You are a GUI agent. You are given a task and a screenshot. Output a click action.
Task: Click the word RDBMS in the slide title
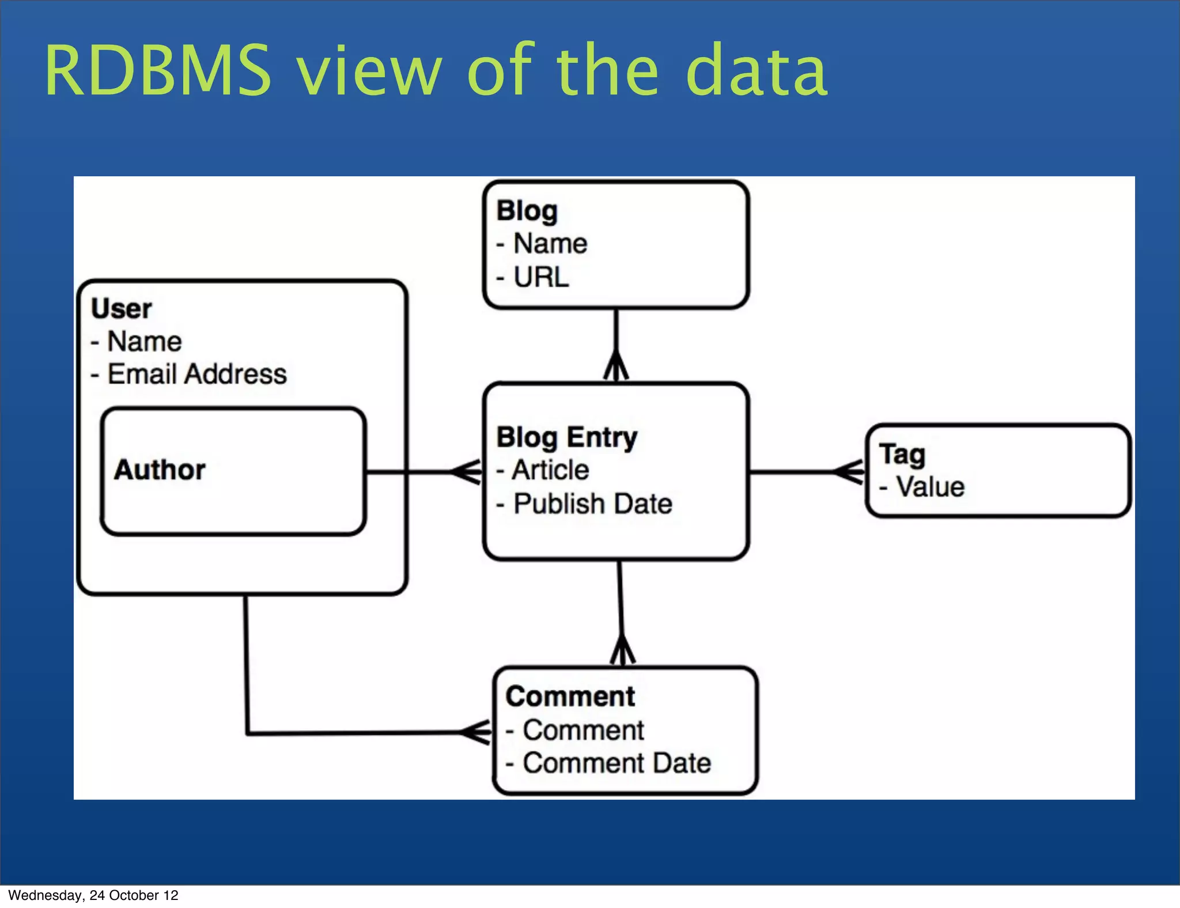tap(157, 71)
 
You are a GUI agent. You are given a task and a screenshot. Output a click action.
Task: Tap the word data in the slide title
tap(756, 71)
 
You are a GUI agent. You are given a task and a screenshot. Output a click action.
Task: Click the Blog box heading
tap(527, 211)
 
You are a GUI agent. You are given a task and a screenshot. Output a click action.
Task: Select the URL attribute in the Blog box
tap(540, 278)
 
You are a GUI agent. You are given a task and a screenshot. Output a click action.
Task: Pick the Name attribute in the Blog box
tap(550, 244)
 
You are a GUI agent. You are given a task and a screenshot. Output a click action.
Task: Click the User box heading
tap(121, 309)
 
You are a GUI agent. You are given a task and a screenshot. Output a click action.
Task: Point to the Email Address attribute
tap(196, 374)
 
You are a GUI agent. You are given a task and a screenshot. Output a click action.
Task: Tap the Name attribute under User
tap(144, 342)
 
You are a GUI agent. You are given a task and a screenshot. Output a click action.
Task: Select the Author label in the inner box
tap(160, 470)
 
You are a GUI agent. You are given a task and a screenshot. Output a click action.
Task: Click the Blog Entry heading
tap(567, 437)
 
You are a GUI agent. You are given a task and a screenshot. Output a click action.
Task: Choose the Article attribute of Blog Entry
tap(550, 470)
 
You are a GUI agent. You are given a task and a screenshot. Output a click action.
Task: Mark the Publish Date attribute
tap(592, 504)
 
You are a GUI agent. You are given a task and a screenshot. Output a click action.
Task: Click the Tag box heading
tap(902, 454)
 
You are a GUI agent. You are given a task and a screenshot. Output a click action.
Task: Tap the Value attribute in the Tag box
tap(929, 487)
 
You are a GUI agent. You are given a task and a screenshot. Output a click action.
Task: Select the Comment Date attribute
tap(617, 763)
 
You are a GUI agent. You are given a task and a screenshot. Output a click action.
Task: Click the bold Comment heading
tap(570, 697)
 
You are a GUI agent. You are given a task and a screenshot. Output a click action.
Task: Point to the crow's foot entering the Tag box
tap(849, 472)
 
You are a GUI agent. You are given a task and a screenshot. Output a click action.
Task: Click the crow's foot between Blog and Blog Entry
tap(616, 366)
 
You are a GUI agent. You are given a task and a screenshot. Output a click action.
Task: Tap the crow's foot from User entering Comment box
tap(476, 733)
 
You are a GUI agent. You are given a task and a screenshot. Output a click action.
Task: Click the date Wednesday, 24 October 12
tap(93, 895)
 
